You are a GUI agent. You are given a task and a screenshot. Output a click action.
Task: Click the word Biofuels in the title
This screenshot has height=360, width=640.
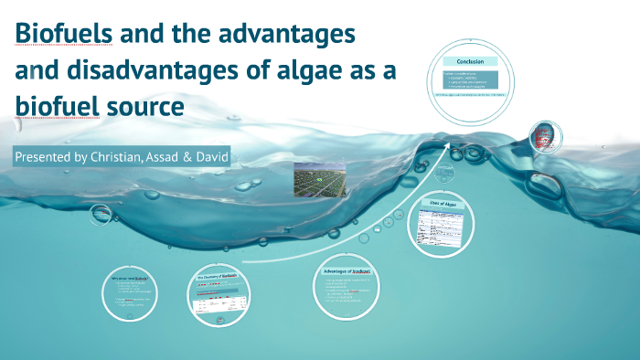(x=62, y=36)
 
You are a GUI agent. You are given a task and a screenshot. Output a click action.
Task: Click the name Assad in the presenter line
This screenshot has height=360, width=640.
(x=165, y=157)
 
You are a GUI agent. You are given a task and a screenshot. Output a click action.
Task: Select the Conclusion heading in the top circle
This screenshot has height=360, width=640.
(x=464, y=61)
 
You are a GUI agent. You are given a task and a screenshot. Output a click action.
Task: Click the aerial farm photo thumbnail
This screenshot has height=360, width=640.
(x=320, y=179)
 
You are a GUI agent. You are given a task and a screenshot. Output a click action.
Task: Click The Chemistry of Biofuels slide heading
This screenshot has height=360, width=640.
(x=218, y=275)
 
